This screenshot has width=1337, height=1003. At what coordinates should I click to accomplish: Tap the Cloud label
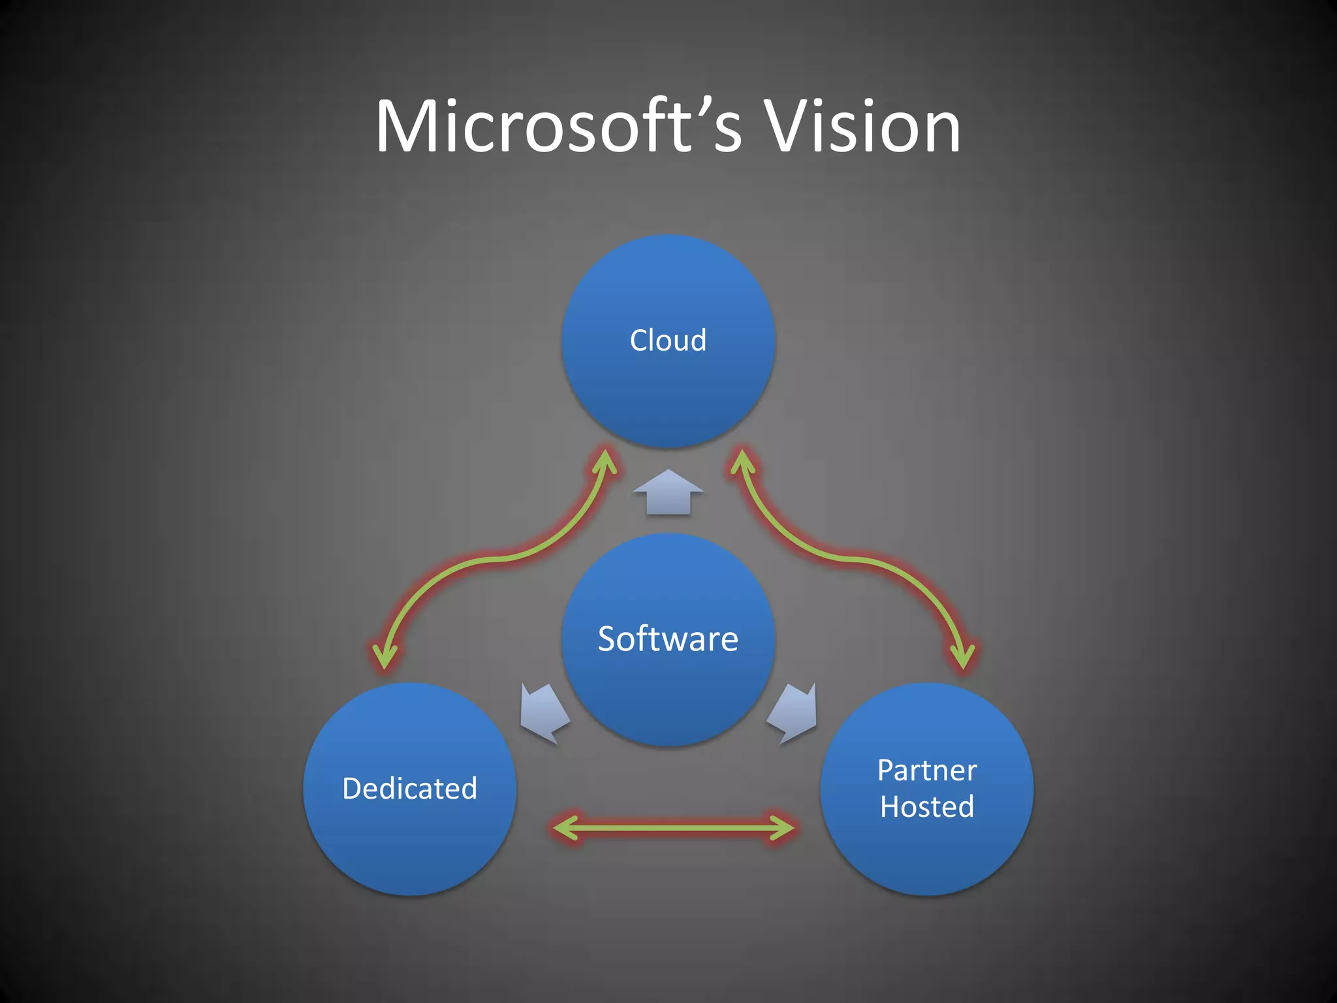668,340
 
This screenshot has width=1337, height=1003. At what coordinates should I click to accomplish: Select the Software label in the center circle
668,639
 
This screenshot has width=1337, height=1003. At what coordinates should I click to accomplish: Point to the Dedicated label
409,788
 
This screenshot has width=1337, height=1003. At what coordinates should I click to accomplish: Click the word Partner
927,771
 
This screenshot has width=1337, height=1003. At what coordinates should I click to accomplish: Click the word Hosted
927,807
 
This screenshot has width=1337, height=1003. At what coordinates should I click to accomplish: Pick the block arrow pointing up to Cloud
668,492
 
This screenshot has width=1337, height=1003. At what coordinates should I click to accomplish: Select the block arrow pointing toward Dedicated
544,713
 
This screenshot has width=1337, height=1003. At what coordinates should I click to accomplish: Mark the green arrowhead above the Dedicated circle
385,656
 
